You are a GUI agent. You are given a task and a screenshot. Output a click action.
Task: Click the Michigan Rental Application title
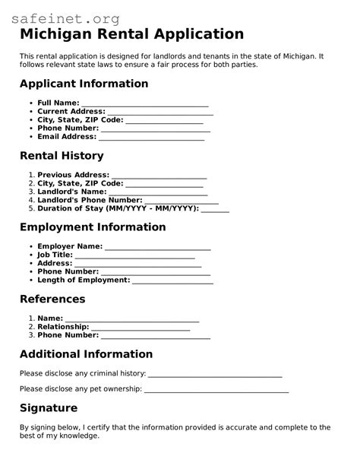tap(131, 34)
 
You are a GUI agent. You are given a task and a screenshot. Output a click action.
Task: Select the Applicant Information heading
tap(84, 84)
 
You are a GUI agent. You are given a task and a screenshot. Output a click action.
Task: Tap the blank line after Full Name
tap(144, 103)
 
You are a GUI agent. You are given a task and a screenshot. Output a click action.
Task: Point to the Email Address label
tap(67, 138)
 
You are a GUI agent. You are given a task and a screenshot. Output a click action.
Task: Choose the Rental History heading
tap(62, 156)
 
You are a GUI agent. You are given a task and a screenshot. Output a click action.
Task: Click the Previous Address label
tap(73, 175)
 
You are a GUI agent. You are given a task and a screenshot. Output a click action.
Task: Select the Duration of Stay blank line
tap(215, 209)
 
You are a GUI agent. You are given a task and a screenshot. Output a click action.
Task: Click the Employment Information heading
tap(93, 227)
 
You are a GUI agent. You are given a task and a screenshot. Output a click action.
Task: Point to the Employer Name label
tap(70, 246)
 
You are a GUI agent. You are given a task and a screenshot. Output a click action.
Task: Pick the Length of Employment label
tap(84, 281)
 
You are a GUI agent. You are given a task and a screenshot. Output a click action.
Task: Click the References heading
tap(52, 299)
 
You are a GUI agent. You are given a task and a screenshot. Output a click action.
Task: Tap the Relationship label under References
tap(63, 327)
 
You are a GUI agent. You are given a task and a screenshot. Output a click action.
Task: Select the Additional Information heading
tap(86, 354)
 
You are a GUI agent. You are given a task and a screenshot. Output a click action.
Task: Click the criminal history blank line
tap(215, 374)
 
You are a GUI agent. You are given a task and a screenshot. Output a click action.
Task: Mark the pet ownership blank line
tap(216, 390)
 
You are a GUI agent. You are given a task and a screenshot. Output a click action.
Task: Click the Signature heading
tap(49, 408)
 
